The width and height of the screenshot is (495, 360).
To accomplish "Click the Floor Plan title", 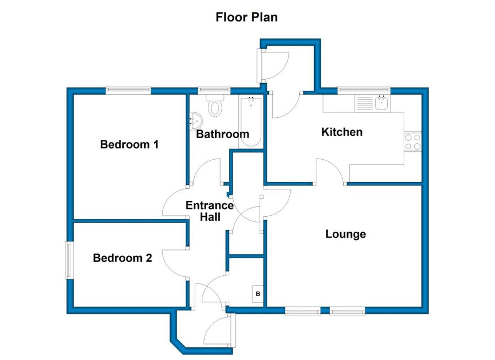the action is click(x=246, y=17).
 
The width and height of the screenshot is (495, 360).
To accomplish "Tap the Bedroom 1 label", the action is click(x=129, y=144).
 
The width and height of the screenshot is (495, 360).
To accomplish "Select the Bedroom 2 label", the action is click(x=123, y=258).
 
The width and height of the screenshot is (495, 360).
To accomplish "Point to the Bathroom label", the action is click(x=223, y=134).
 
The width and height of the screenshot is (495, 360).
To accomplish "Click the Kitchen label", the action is click(x=342, y=132).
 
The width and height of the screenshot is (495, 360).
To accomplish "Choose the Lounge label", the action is click(x=346, y=234).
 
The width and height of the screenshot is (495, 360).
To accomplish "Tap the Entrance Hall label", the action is click(x=210, y=211).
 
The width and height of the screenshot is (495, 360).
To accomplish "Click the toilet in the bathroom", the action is click(x=215, y=105).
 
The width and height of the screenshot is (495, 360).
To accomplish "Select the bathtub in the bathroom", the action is click(x=251, y=122).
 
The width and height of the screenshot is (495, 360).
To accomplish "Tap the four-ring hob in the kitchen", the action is click(x=413, y=141).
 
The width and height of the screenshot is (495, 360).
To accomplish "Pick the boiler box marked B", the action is click(x=258, y=294).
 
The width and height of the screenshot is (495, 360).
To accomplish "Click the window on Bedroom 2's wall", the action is click(x=68, y=260).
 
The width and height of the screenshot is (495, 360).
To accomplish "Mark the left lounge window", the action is click(x=302, y=312).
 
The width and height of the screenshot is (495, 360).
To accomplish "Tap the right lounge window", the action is click(x=348, y=312).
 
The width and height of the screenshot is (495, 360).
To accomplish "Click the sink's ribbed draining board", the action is click(x=365, y=103).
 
